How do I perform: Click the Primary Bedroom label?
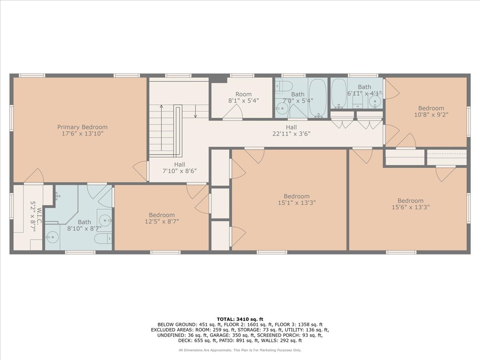coord(82,127)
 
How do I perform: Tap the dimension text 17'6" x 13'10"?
coord(82,134)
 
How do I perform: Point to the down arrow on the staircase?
coord(196,112)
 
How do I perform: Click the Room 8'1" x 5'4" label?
coord(243,98)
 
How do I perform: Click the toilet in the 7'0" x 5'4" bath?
coord(284,87)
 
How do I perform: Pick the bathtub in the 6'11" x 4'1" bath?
coord(339,93)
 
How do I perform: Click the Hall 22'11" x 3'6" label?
coord(291,130)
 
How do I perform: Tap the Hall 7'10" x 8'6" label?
coord(180,168)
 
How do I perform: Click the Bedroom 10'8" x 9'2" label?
coord(431,112)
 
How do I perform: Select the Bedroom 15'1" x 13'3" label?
coord(297,199)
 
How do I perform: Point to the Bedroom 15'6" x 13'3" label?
coord(410,204)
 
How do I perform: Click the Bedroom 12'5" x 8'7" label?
coord(162,218)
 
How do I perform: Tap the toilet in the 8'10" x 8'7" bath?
coord(103,238)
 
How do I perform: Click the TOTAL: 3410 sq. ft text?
coord(240,319)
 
